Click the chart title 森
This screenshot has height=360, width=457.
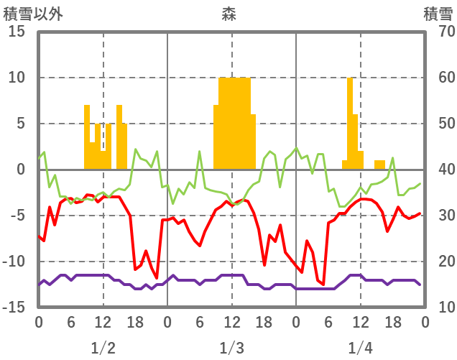point(229,13)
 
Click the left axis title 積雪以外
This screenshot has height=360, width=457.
point(33,13)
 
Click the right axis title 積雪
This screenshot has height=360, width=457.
point(438,13)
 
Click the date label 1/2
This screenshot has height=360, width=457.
point(103,348)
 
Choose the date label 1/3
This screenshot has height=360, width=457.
point(231,348)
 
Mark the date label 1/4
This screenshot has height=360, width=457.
point(360,348)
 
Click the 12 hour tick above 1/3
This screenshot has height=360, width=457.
point(231,321)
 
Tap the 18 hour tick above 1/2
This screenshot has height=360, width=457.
point(135,321)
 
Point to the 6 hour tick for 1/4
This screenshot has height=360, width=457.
point(328,321)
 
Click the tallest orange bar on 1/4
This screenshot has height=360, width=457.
point(350,122)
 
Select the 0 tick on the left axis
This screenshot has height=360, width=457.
point(19,170)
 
